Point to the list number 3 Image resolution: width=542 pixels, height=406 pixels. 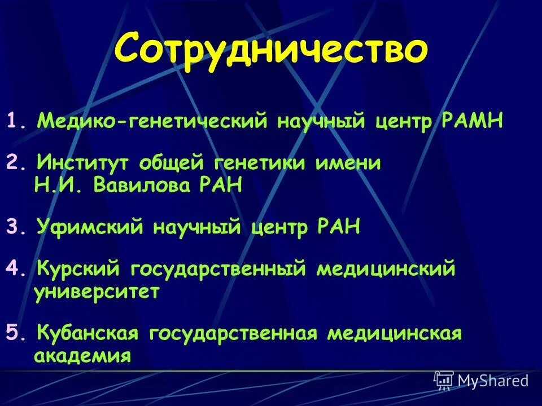tap(12, 228)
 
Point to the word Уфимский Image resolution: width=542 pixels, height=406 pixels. tap(88, 228)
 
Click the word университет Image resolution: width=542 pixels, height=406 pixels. tap(97, 293)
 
